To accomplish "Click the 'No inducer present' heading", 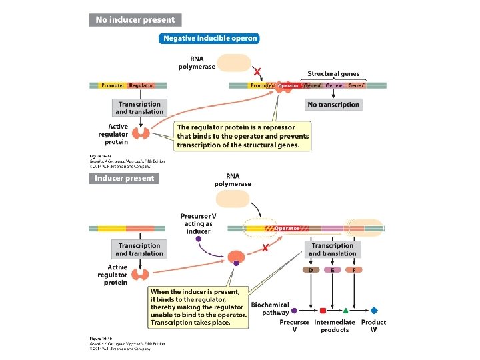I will pos(135,20).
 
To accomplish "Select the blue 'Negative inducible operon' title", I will pos(209,38).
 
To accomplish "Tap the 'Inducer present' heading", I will pos(125,178).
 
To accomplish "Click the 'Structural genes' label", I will pos(333,74).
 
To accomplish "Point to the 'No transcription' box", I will pos(333,105).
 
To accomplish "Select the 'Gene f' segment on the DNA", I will pos(355,85).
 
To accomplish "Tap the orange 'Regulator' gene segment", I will pos(141,85).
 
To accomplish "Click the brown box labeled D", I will pos(310,270).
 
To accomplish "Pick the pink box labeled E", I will pos(332,270).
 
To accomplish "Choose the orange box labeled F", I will pos(355,270).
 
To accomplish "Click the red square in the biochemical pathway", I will pos(323,310).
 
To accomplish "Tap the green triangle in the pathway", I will pos(345,310).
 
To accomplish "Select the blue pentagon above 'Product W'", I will pos(374,310).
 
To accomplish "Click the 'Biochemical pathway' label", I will pos(270,308).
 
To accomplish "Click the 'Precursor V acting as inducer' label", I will pos(198,223).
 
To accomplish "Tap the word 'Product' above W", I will pos(373,322).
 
